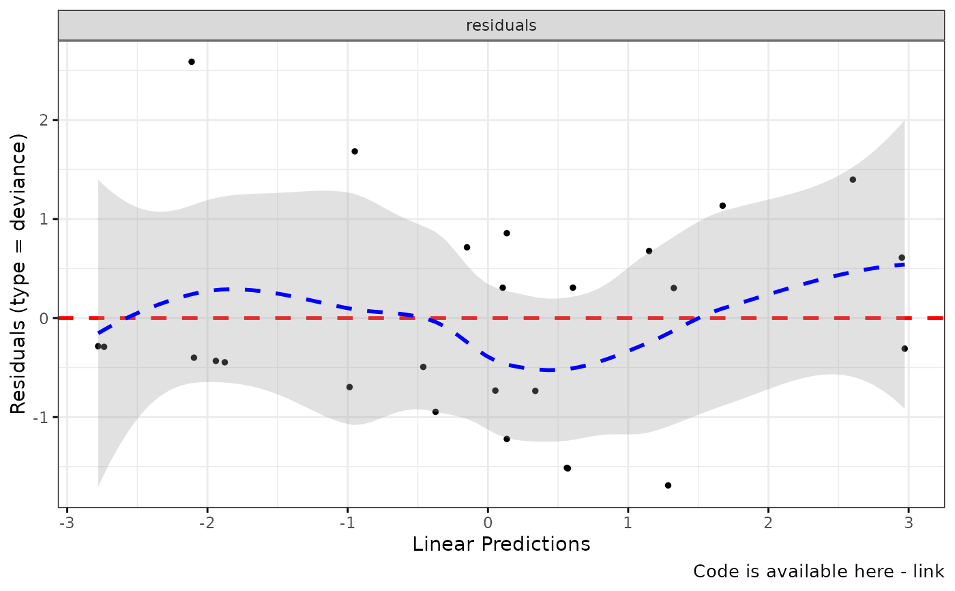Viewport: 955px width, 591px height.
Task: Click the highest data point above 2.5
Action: [x=192, y=62]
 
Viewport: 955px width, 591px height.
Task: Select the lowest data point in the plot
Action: [x=668, y=485]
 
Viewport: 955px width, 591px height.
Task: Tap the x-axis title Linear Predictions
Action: [x=501, y=545]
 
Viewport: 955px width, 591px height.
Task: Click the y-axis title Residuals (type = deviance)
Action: [x=18, y=274]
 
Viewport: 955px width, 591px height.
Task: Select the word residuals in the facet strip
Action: [x=501, y=26]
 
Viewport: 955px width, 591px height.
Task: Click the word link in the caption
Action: [x=930, y=571]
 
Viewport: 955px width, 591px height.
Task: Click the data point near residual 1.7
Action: [x=355, y=152]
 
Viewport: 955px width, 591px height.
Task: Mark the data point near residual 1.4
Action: [x=853, y=179]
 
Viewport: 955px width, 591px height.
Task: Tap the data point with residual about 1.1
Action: [x=722, y=205]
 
